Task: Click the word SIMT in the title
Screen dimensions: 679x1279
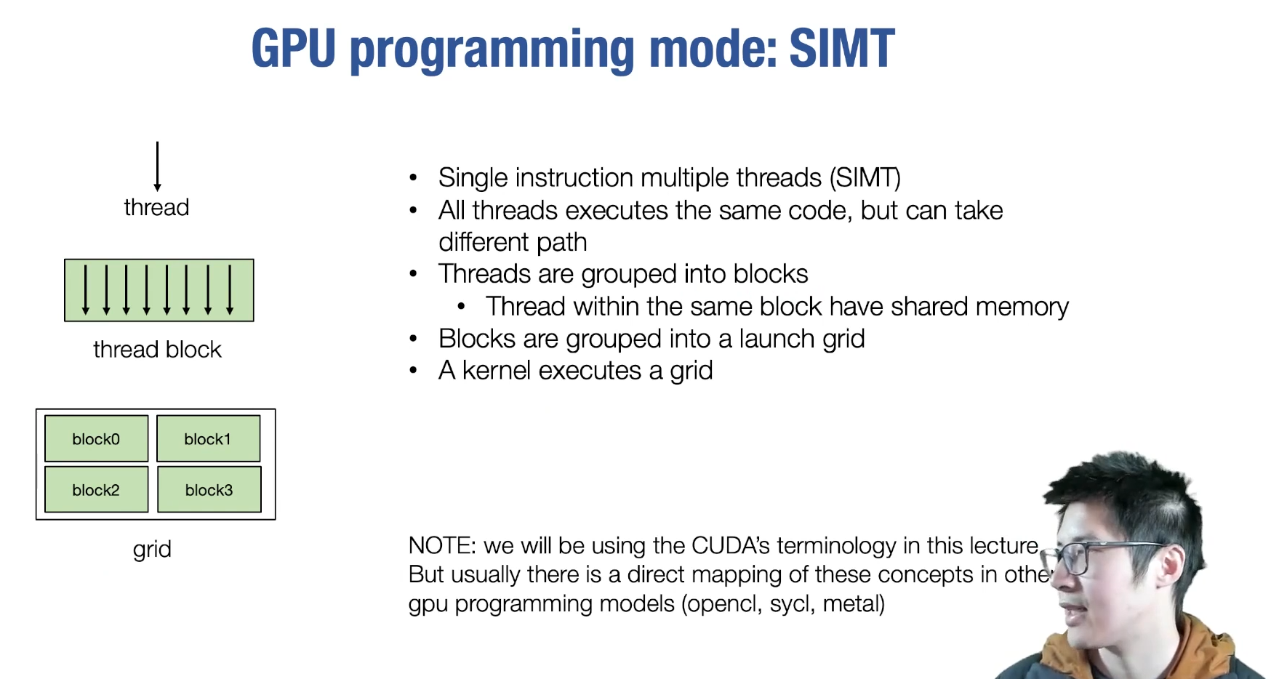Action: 841,49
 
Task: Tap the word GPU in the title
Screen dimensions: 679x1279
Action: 293,49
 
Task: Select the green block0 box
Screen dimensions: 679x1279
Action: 96,438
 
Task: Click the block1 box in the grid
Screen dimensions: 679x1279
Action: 208,438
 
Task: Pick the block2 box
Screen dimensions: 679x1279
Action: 96,489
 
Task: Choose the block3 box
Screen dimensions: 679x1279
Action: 209,489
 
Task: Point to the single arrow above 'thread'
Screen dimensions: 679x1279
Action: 157,166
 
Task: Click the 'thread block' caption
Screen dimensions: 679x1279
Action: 157,350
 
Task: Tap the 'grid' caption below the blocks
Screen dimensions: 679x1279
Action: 152,549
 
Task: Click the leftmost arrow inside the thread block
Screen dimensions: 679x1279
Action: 86,289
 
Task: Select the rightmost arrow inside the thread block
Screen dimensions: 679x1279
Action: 230,289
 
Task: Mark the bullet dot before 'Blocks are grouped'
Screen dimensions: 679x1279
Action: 413,339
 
